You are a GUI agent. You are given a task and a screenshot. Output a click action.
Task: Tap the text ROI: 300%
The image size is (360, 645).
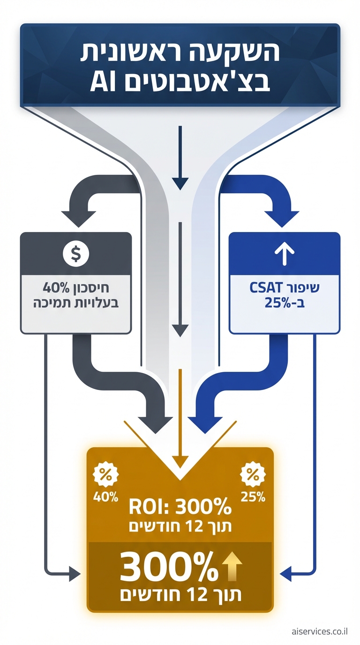coord(180,507)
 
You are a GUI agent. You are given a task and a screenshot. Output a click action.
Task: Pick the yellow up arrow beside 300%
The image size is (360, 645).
coord(232,567)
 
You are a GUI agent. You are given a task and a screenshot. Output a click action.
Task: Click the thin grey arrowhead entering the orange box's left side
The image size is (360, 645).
coord(75,572)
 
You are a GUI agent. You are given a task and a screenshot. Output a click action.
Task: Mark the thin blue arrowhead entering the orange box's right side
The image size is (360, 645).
coord(285,572)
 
